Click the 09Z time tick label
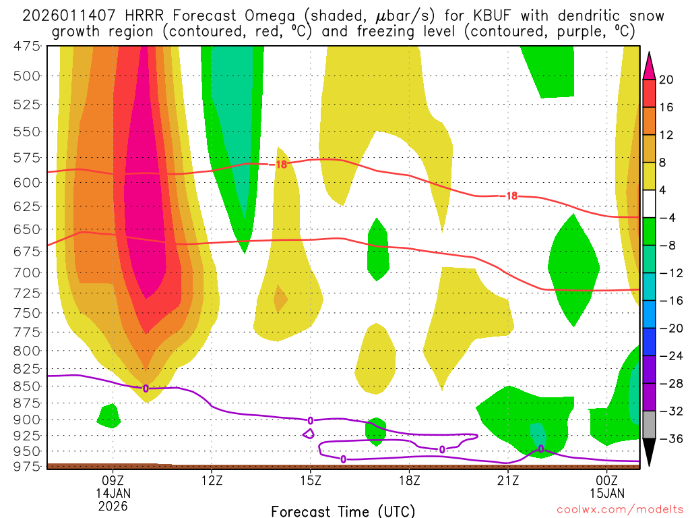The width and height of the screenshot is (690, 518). point(113,480)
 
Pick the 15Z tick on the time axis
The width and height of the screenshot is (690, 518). point(311,480)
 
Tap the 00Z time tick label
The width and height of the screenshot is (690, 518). point(608,480)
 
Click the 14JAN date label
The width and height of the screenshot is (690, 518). point(113,493)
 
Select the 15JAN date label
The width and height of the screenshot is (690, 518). point(608,493)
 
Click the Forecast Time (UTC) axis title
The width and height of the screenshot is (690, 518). point(343,511)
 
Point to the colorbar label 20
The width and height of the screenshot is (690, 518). point(666,80)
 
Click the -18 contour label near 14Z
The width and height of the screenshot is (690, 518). point(279,163)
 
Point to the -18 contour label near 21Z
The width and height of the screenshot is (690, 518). point(509,196)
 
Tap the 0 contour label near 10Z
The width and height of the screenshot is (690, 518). point(146,388)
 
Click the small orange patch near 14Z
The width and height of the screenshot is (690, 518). point(280,297)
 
